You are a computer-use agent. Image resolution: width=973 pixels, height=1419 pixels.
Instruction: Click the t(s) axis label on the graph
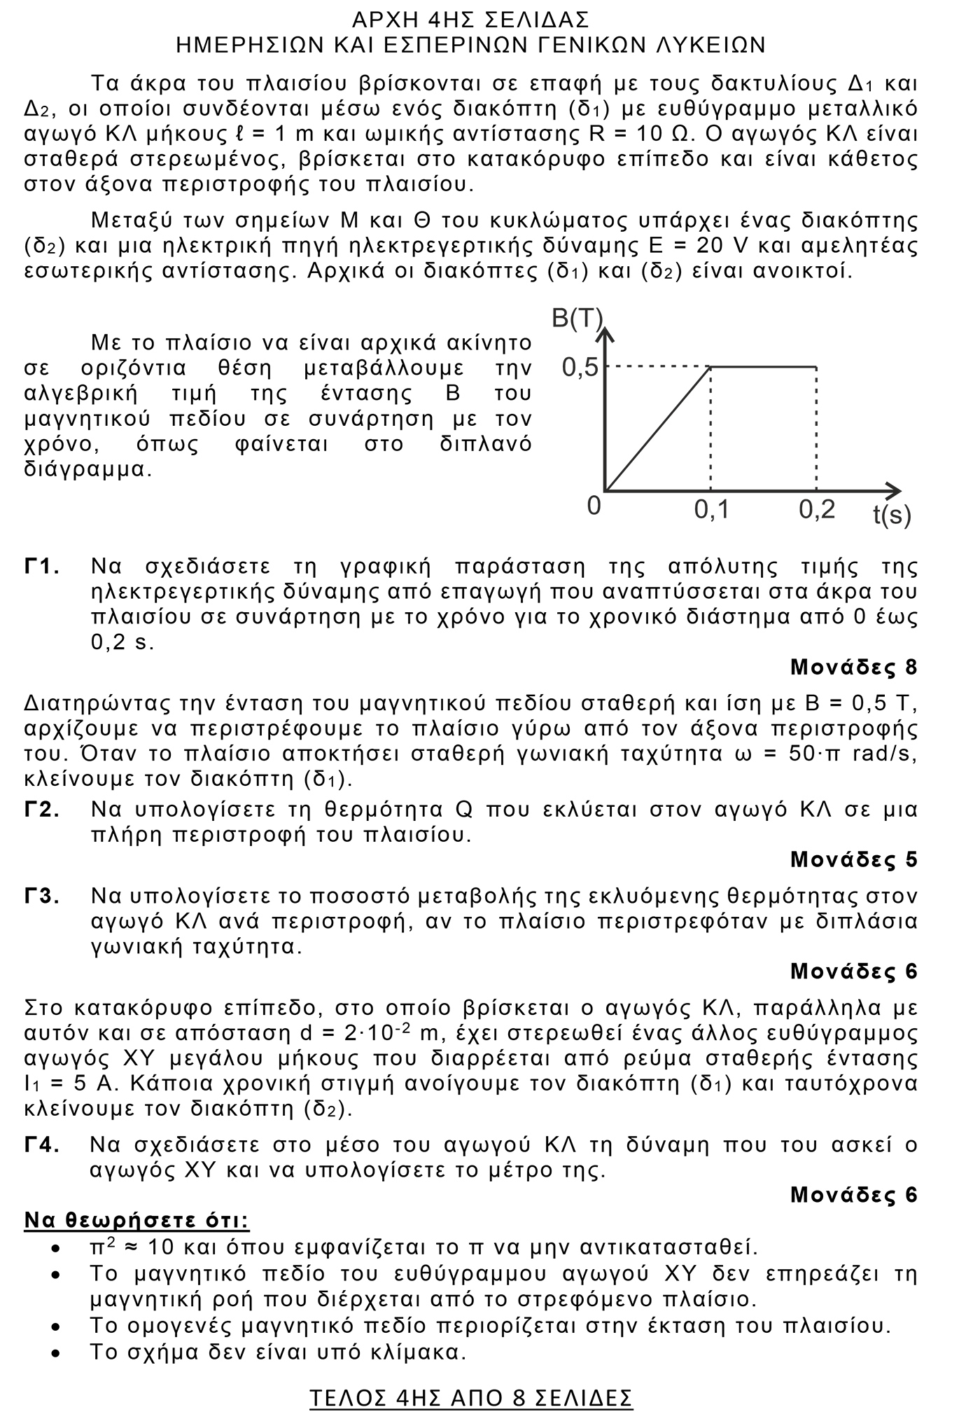point(892,515)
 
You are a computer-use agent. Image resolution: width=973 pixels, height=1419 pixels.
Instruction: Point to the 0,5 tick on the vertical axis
point(581,367)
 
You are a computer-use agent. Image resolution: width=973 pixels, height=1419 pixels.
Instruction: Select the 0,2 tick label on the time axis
point(817,510)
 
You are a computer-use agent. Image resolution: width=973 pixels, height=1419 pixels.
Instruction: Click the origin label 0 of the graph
point(594,506)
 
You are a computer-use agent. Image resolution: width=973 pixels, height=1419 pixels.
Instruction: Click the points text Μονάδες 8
point(853,667)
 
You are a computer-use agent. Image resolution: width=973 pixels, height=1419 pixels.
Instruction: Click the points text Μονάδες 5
point(853,859)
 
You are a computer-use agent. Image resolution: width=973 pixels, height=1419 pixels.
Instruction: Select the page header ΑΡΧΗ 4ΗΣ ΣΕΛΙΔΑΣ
point(470,19)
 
